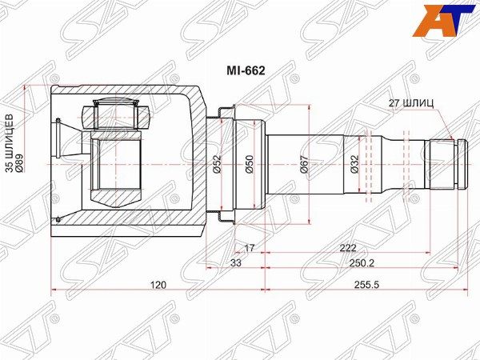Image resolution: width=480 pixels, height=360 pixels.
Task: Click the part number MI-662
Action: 249,70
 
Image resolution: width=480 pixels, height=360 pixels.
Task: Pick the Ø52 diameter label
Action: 217,165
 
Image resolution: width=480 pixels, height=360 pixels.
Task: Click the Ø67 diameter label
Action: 304,165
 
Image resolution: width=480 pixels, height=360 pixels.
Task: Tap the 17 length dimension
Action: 249,248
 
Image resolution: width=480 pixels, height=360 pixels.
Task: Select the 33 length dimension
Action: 236,262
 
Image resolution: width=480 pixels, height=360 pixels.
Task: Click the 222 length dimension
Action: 347,248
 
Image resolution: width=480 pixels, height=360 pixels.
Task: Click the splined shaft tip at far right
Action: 446,164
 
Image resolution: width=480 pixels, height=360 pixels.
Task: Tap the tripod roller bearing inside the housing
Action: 118,114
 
